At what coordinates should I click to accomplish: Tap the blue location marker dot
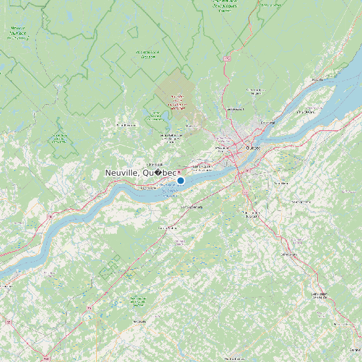click(180, 180)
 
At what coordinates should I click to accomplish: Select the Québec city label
click(252, 148)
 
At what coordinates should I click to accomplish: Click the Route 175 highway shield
click(226, 59)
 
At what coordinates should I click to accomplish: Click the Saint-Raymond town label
click(126, 125)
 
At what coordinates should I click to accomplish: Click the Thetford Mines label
click(235, 359)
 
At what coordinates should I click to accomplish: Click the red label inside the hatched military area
click(177, 102)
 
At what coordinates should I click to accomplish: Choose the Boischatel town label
click(268, 123)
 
